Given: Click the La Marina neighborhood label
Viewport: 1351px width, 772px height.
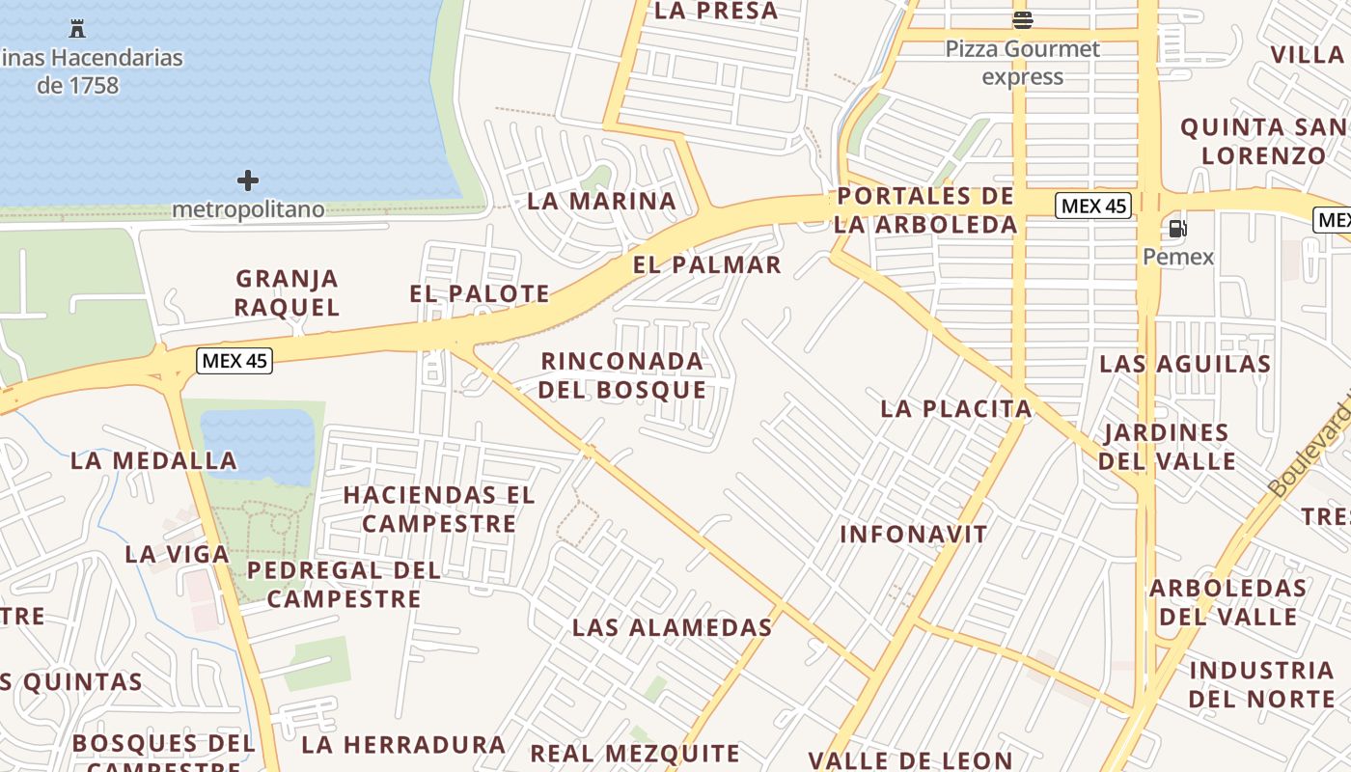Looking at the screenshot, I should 601,201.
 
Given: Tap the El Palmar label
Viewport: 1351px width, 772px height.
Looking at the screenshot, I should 706,264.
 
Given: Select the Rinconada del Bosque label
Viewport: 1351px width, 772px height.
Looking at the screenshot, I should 621,375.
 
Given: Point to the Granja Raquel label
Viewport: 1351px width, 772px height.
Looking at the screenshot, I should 288,292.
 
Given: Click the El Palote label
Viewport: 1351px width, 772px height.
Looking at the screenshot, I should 480,293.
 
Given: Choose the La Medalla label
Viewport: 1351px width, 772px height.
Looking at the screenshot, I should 153,460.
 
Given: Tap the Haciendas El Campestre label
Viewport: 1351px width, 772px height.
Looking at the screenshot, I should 439,509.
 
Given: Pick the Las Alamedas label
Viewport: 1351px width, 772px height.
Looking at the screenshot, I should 672,627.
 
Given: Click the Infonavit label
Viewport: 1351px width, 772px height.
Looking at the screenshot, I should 913,534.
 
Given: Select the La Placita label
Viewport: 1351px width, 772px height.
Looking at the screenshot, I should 955,408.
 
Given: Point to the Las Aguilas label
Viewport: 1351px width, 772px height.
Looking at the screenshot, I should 1185,364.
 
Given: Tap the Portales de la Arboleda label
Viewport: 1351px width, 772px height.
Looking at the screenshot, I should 926,210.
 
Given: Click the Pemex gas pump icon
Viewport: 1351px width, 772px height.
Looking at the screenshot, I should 1177,229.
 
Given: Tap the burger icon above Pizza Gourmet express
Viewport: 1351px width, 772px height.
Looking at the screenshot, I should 1023,19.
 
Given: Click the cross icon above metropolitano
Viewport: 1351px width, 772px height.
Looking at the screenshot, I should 248,179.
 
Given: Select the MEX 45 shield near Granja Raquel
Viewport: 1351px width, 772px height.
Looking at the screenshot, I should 234,361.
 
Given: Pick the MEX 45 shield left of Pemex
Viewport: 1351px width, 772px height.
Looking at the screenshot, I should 1092,205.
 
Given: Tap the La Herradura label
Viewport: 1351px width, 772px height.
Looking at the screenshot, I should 402,744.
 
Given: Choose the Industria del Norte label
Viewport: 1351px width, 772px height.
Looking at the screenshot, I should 1260,683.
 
